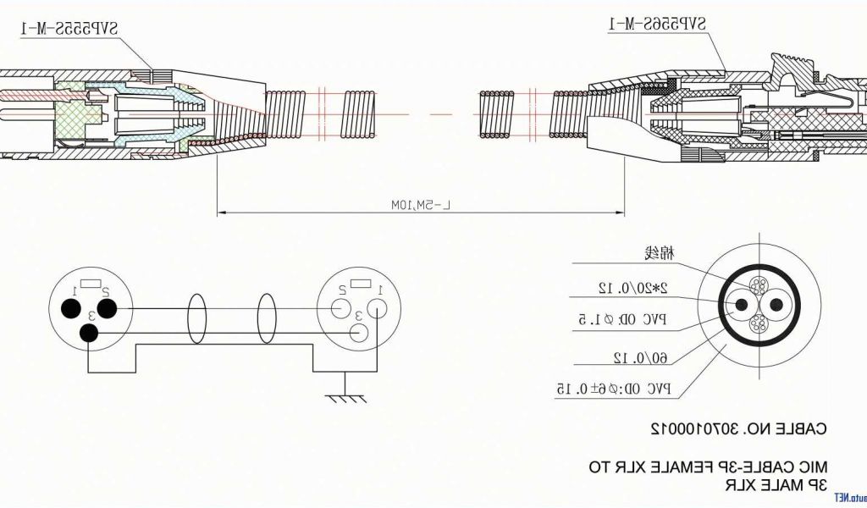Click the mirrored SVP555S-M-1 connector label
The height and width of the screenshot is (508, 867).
pos(69,29)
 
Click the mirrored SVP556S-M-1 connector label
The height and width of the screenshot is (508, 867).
pos(656,24)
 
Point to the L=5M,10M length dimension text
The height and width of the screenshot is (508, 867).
pos(422,205)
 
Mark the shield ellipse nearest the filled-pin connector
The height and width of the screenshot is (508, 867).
pos(196,318)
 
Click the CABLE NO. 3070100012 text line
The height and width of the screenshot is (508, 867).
pos(738,428)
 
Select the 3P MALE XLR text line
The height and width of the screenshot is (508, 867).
pos(775,485)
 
